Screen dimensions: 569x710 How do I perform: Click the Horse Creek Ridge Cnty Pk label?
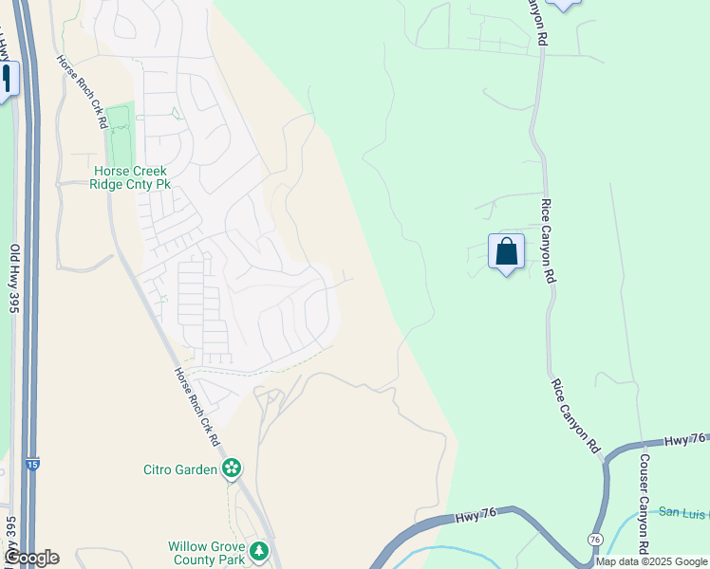(128, 177)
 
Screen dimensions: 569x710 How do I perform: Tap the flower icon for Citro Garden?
(231, 468)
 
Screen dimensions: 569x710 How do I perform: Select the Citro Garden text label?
(180, 468)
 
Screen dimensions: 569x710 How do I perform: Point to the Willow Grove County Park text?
(206, 553)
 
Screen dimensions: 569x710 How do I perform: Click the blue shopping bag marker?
(506, 252)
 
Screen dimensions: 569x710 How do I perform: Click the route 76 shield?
(594, 539)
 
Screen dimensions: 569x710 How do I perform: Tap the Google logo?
(30, 558)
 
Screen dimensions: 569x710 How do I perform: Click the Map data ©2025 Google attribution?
(651, 561)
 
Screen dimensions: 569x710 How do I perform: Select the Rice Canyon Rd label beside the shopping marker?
(547, 240)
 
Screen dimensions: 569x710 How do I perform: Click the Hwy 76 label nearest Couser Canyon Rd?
(684, 440)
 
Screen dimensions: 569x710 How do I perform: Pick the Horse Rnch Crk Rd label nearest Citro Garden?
(196, 407)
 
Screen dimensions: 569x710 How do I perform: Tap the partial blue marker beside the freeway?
(8, 79)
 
